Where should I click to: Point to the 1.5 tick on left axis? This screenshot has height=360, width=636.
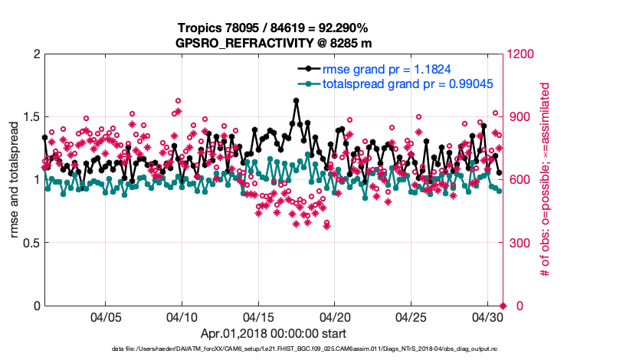tap(30, 117)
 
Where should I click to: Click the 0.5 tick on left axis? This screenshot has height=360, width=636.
tap(30, 243)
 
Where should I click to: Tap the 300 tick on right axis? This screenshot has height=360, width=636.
tap(519, 243)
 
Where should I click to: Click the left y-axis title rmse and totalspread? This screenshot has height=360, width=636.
tap(15, 180)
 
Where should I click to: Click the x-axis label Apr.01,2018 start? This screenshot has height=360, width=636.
tap(274, 334)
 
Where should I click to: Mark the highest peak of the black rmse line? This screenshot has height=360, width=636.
tap(296, 100)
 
